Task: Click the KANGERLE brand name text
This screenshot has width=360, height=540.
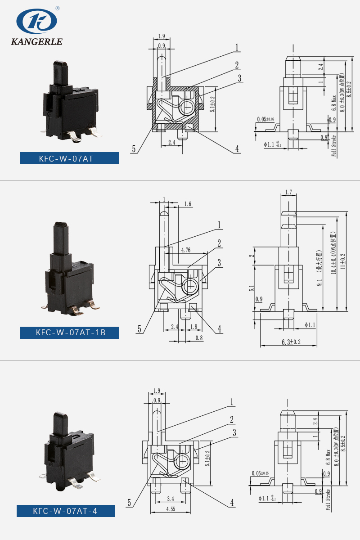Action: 36,42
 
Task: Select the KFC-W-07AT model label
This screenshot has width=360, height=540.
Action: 69,158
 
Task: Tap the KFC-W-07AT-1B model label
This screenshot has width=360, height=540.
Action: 69,333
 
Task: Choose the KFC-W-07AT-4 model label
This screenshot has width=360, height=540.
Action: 66,511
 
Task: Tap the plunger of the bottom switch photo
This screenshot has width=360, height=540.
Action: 61,423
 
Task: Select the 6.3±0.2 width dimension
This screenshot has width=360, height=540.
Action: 291,342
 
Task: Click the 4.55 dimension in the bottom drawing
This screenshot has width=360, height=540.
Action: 171,509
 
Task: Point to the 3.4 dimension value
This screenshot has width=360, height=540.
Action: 170,499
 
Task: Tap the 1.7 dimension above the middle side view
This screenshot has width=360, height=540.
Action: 288,193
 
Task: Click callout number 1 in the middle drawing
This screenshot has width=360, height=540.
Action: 220,225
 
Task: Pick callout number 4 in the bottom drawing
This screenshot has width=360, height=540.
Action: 232,503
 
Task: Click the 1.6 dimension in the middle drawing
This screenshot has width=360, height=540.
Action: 188,204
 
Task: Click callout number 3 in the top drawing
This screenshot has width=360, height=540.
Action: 239,78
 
